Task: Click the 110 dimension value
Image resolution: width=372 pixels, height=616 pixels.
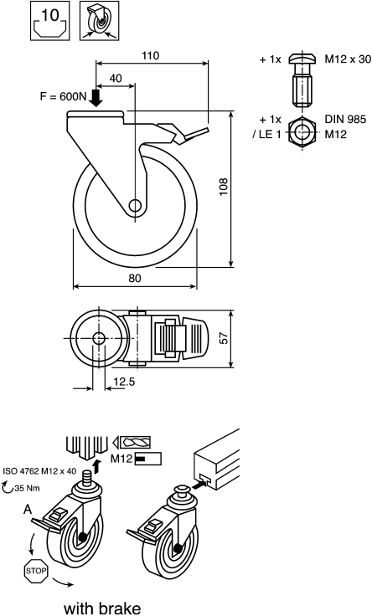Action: tap(151, 56)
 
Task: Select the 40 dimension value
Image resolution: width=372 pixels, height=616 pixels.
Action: tap(116, 79)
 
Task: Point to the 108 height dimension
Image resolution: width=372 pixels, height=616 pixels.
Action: tap(223, 187)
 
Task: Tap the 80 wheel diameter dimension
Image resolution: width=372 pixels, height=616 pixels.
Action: tap(135, 278)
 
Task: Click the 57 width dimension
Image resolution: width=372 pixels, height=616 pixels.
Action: tap(223, 338)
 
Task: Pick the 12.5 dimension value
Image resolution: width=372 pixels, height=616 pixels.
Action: tap(124, 382)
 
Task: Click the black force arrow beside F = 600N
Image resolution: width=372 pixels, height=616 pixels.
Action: tap(96, 98)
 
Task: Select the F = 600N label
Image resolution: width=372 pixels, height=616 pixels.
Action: tap(63, 96)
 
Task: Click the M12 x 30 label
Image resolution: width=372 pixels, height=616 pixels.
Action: tap(348, 59)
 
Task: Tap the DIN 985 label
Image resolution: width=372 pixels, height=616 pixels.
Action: tap(345, 119)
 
